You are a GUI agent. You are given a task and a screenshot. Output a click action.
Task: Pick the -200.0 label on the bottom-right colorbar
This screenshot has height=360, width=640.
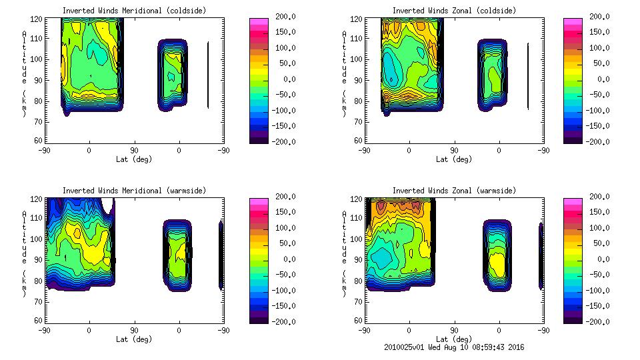pyautogui.click(x=599, y=322)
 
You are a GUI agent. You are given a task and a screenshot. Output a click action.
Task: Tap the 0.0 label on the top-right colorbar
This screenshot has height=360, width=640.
pyautogui.click(x=603, y=79)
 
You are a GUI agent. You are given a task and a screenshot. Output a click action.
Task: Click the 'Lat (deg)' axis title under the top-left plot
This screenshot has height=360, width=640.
pyautogui.click(x=134, y=159)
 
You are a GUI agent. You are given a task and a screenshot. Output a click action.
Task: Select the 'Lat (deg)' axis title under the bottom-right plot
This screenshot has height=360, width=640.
pyautogui.click(x=454, y=339)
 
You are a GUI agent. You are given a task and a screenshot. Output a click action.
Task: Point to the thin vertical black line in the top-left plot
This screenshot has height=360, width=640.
pyautogui.click(x=208, y=75)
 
